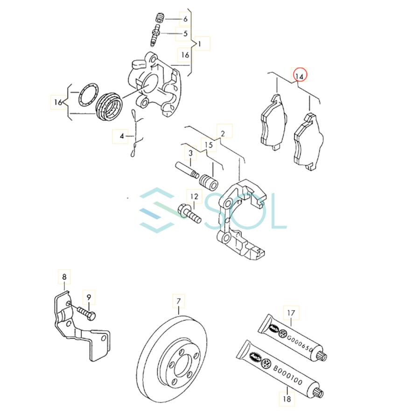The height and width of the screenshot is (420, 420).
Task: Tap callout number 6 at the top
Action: pos(185,19)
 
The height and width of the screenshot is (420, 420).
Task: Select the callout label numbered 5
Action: pos(185,33)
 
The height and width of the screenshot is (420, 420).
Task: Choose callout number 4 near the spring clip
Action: pos(122,136)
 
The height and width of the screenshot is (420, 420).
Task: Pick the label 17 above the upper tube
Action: pos(292,313)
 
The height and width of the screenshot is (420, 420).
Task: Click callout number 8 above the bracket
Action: pos(64,277)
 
